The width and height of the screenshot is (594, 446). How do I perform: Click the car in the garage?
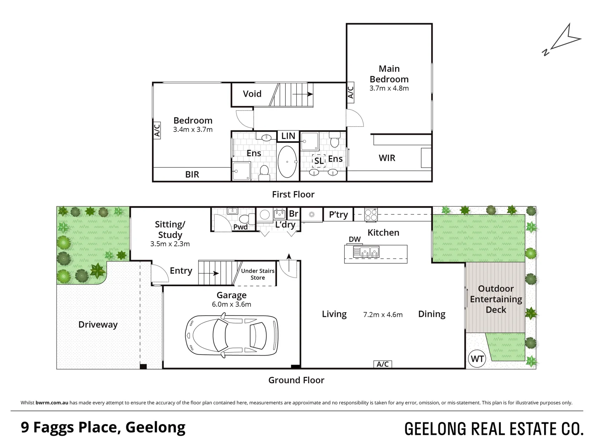[x=232, y=335]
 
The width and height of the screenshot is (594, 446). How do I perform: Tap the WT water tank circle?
[x=477, y=359]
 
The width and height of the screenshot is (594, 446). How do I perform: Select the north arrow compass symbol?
[x=562, y=40]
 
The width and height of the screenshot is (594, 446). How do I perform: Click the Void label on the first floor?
[x=252, y=94]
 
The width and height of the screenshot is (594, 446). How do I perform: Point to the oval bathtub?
[x=287, y=162]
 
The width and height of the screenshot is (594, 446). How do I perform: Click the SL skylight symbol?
[x=319, y=161]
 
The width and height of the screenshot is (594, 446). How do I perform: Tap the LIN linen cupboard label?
[x=288, y=136]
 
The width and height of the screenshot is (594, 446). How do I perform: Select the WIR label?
[x=387, y=158]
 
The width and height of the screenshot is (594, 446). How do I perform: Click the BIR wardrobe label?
[x=192, y=175]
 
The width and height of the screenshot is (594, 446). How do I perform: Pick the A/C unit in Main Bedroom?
[x=350, y=93]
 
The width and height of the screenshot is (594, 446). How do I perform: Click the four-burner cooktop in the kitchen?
[x=371, y=215]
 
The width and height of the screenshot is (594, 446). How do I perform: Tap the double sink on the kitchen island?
[x=366, y=252]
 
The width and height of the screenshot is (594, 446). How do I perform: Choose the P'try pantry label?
[x=338, y=215]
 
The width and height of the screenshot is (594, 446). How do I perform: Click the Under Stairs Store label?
[x=258, y=274]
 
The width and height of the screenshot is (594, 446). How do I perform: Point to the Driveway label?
[x=98, y=325]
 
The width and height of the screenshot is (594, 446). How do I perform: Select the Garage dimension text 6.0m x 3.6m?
[x=232, y=304]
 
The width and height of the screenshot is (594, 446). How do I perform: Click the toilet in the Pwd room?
[x=247, y=219]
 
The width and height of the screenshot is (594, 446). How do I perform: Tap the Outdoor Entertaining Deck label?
[x=496, y=299]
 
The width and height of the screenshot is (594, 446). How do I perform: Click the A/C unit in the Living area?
[x=383, y=364]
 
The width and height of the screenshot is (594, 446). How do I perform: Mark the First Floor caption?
[x=293, y=195]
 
